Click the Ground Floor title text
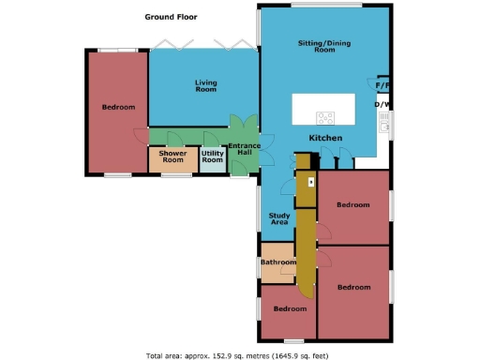[x=171, y=17]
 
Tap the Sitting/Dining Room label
[x=316, y=47]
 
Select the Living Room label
[x=205, y=87]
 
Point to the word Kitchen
[x=325, y=139]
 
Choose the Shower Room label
[x=172, y=157]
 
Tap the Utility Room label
[x=213, y=157]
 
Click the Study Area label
[x=278, y=218]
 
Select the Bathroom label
[x=277, y=263]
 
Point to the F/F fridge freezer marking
[x=382, y=86]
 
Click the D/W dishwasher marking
[x=382, y=105]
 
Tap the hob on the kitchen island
[x=326, y=118]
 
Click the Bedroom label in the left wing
[x=118, y=107]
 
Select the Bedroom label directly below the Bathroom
[x=290, y=308]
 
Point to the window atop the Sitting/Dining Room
[x=325, y=7]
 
